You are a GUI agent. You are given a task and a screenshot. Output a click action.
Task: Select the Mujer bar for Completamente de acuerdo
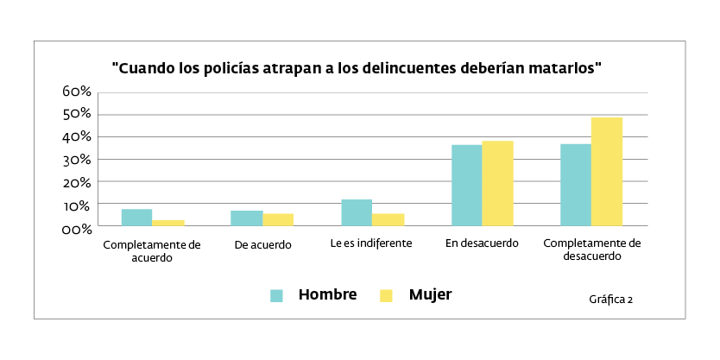(x=167, y=223)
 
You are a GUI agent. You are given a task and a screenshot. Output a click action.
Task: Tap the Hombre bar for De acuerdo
(x=246, y=218)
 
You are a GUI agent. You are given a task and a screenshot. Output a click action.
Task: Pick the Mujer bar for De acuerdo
(x=278, y=220)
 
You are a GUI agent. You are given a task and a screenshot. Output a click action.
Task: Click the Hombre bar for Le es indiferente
(x=357, y=212)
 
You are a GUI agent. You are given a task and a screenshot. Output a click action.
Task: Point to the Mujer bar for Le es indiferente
(x=388, y=220)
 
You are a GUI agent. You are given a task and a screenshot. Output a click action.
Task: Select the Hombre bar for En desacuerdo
(x=466, y=186)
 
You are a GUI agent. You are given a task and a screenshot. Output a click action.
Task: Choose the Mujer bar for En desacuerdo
(x=497, y=183)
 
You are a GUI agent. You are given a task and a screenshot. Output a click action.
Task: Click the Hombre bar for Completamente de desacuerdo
(x=576, y=185)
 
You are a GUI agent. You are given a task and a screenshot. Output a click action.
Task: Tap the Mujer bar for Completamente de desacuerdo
(x=607, y=172)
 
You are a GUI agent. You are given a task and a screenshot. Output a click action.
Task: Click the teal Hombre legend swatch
(x=277, y=295)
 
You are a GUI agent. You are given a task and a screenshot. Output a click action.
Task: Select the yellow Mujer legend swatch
(x=387, y=295)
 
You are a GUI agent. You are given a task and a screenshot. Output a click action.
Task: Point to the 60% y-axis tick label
(x=77, y=92)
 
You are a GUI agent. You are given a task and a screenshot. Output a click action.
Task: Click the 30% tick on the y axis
(x=77, y=160)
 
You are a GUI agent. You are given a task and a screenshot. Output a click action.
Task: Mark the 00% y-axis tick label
(x=77, y=229)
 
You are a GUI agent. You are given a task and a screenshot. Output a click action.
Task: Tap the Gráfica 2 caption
(x=611, y=300)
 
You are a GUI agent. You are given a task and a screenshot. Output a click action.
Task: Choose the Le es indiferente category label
(x=371, y=243)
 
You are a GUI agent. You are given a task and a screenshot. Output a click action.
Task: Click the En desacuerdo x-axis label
(x=482, y=243)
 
